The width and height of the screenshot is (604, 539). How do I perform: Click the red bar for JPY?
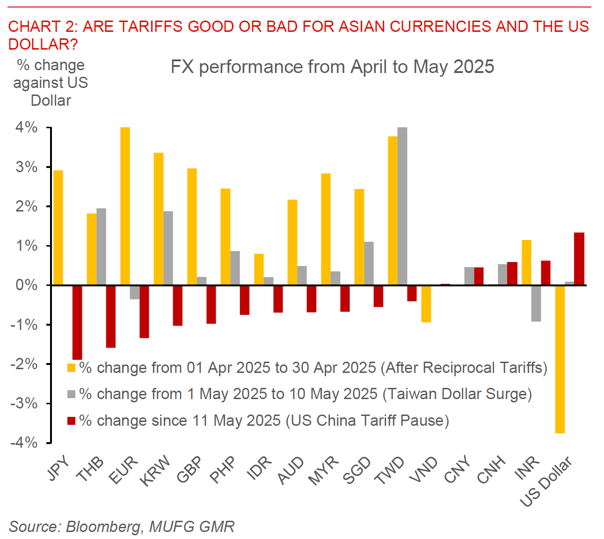[77, 322]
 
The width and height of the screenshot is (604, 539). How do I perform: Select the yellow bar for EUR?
[125, 206]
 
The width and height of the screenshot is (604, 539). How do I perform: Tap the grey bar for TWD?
[402, 206]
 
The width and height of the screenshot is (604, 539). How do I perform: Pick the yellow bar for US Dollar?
[560, 359]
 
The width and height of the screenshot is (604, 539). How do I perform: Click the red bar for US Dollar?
[579, 259]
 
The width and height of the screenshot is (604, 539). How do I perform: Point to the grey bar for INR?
[536, 303]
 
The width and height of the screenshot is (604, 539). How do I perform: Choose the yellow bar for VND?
[426, 304]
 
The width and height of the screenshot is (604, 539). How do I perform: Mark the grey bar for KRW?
[168, 248]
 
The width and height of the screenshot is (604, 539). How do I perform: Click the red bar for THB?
[111, 316]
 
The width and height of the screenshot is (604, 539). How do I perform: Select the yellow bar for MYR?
[326, 229]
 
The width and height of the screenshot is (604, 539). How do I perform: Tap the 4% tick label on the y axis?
[27, 127]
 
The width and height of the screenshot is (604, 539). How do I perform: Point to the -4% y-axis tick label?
[24, 443]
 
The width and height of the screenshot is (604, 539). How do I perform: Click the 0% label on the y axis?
[27, 285]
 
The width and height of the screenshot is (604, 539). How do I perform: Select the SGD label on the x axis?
[357, 470]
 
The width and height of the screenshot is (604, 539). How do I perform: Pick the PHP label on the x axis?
[223, 470]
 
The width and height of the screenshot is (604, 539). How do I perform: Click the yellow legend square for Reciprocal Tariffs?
[71, 368]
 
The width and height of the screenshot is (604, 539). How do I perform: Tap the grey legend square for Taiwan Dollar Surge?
[71, 394]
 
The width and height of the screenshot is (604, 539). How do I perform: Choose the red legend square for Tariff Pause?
[71, 421]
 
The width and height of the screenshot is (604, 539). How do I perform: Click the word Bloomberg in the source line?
[103, 527]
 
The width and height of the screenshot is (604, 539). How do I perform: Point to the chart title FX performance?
[332, 67]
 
